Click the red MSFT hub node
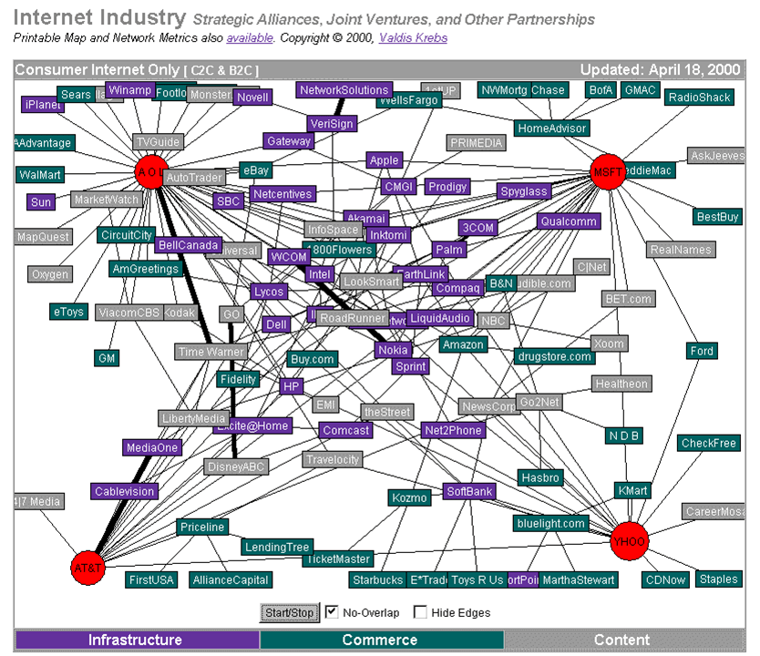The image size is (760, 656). coord(607,171)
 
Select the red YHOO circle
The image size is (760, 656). coord(629,540)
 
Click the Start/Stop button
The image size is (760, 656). coord(289,612)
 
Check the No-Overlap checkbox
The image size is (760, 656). coord(333,612)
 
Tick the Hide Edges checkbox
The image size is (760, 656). coord(421,612)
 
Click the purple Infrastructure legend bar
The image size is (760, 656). coord(135,640)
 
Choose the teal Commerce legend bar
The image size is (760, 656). coord(380,640)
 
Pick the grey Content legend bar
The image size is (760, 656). coord(621,640)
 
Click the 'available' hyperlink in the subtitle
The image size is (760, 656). coord(249,38)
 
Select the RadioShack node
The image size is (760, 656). coord(699,97)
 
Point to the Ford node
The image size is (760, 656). coord(702,351)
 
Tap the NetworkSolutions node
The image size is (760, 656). coord(344,90)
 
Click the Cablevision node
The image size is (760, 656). coord(125,491)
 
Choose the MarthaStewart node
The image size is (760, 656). coord(578,579)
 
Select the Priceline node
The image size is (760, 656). coord(201,527)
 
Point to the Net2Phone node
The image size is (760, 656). coord(452,430)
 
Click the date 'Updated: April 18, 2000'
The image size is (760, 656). coord(660,69)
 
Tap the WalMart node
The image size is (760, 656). coord(40,174)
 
